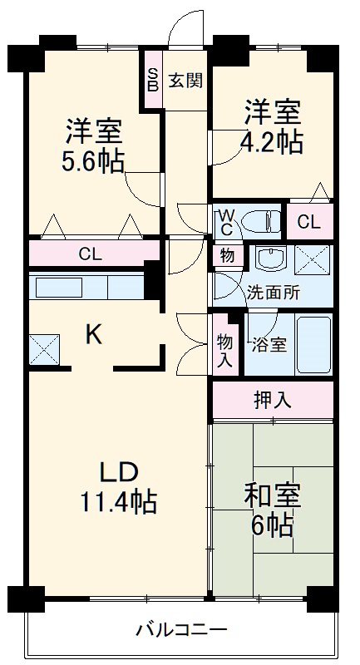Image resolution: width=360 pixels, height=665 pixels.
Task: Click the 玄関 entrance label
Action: coord(186,81)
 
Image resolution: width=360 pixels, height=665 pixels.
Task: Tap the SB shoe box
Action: coord(152,80)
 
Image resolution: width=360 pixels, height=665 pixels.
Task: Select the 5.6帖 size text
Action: coord(93,160)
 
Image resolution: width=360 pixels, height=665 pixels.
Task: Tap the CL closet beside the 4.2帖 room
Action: coord(308,222)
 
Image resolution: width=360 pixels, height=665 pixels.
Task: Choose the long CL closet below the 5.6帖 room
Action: coord(91,254)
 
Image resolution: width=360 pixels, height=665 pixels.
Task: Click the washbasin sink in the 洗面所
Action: coord(269,259)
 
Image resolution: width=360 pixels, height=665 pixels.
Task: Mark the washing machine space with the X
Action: coord(312,259)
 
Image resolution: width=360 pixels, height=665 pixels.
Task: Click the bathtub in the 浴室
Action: coord(313,343)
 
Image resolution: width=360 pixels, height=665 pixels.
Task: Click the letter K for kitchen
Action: coord(94,335)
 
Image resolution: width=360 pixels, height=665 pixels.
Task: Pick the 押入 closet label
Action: coord(272,400)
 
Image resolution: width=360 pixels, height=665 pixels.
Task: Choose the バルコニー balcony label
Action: coord(180,629)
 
